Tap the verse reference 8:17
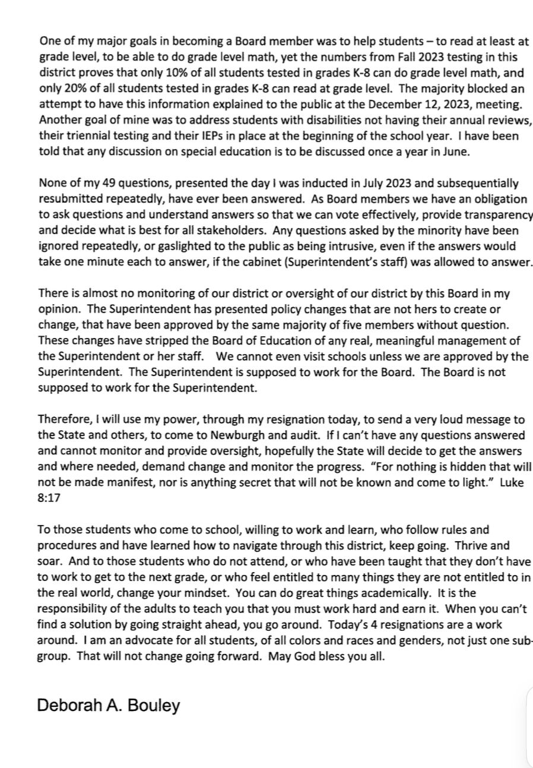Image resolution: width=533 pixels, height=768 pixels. coord(50,481)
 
